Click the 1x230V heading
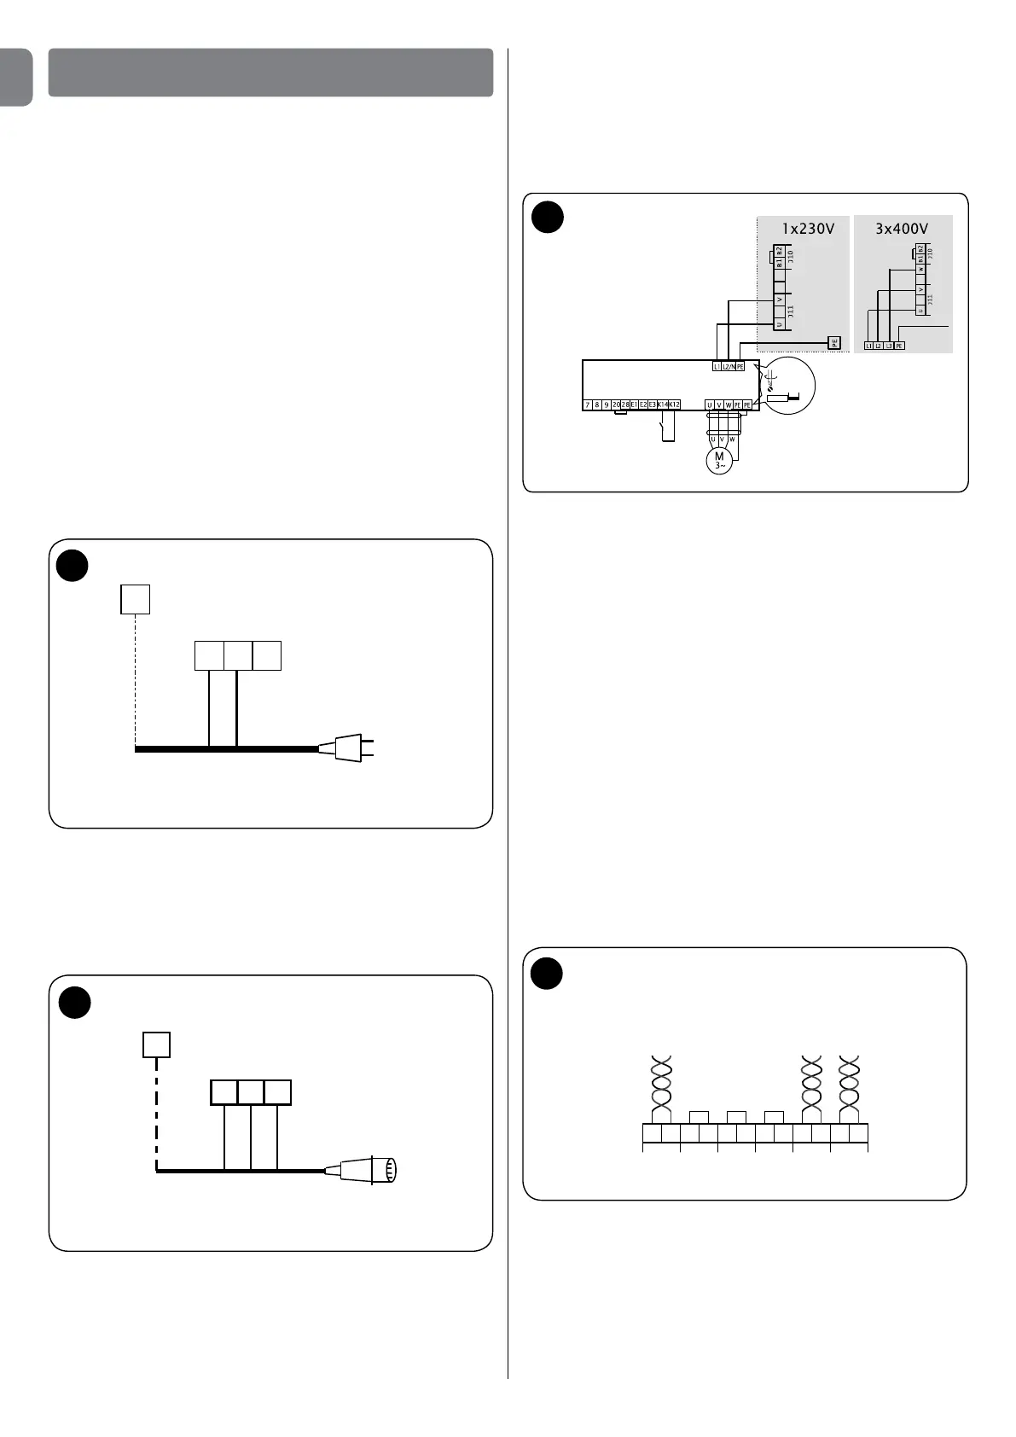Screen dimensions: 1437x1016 [x=808, y=229]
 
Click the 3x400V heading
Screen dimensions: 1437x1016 [x=902, y=229]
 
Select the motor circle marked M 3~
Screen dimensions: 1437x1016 [x=719, y=461]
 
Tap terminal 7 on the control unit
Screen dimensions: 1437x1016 [x=588, y=404]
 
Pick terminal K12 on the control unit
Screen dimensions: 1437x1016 [x=674, y=404]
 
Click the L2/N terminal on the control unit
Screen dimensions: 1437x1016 [x=728, y=367]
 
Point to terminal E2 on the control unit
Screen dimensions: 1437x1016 [x=644, y=404]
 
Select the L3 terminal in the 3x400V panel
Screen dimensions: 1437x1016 [x=889, y=346]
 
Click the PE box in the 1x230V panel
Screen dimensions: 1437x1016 [x=834, y=343]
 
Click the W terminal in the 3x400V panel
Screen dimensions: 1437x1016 [x=920, y=270]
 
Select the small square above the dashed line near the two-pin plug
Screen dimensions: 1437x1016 [x=136, y=599]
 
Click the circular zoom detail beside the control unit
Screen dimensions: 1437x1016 [x=789, y=386]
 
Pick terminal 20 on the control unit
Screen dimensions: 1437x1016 [x=616, y=404]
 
